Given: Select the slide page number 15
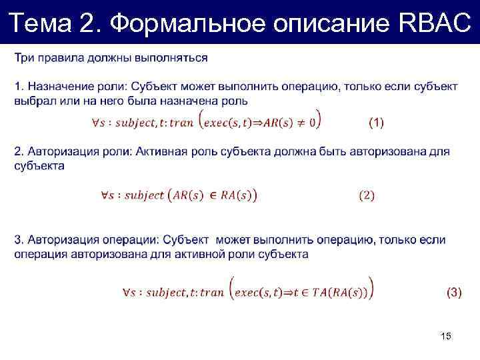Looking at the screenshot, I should tap(446, 337).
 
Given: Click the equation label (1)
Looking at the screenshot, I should tap(376, 122).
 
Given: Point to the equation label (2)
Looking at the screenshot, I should tap(367, 195).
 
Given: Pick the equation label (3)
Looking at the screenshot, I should tap(453, 291).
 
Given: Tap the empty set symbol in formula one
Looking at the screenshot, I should tap(313, 122).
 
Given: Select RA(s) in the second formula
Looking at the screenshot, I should tap(234, 195).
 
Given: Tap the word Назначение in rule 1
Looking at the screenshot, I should tap(56, 87).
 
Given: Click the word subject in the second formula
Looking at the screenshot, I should tap(144, 195).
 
